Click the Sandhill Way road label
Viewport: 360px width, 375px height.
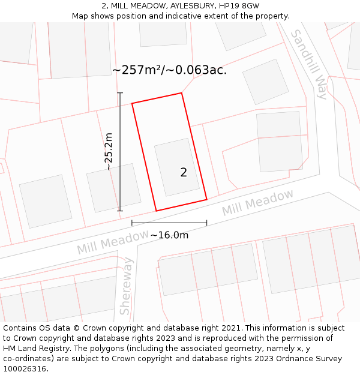(x=309, y=64)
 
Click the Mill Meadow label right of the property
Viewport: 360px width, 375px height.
(x=258, y=203)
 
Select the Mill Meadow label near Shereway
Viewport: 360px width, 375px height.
(x=112, y=241)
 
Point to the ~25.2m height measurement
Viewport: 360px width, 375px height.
(x=109, y=152)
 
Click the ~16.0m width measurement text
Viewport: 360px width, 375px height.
(x=169, y=235)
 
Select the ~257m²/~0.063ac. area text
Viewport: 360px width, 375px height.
(x=169, y=70)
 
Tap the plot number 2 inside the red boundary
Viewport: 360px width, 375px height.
(x=184, y=173)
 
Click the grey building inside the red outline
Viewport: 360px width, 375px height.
(x=176, y=167)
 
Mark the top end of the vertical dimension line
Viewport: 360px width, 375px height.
(x=120, y=93)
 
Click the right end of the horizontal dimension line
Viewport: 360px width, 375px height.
(x=206, y=223)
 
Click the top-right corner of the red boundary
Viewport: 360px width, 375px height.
(x=181, y=93)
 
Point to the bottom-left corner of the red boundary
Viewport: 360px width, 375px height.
(x=156, y=211)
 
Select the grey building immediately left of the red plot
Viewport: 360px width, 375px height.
(x=113, y=188)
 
